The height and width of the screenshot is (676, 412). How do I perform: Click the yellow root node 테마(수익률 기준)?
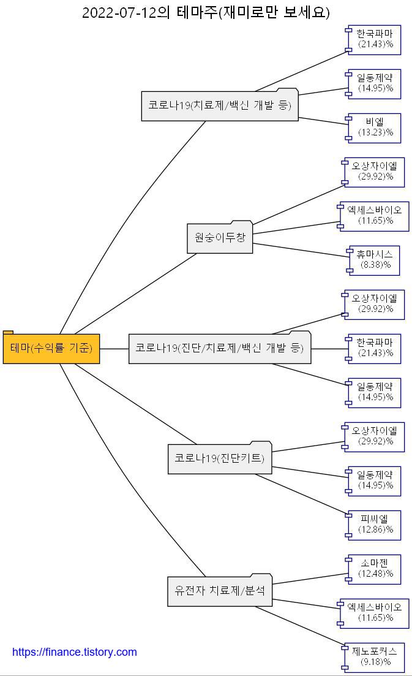tap(51, 348)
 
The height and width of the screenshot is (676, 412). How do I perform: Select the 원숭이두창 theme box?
tap(220, 238)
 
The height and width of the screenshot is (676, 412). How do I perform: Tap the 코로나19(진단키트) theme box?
tap(220, 458)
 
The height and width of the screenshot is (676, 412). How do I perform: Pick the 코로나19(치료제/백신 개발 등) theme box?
tap(220, 105)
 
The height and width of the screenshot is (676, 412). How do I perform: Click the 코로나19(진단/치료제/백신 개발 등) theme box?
tap(220, 348)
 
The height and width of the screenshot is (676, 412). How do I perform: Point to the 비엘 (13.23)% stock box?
tap(375, 127)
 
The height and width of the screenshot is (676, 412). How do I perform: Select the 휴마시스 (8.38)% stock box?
tap(375, 260)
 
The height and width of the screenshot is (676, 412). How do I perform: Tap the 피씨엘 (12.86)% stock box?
tap(375, 525)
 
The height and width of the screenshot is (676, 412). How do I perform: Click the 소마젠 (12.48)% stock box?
tap(375, 569)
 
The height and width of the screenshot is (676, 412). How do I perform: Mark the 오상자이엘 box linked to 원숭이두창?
tap(375, 172)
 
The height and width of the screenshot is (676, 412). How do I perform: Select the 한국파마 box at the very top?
tap(375, 39)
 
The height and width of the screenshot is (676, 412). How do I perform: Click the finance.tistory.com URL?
tap(75, 652)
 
